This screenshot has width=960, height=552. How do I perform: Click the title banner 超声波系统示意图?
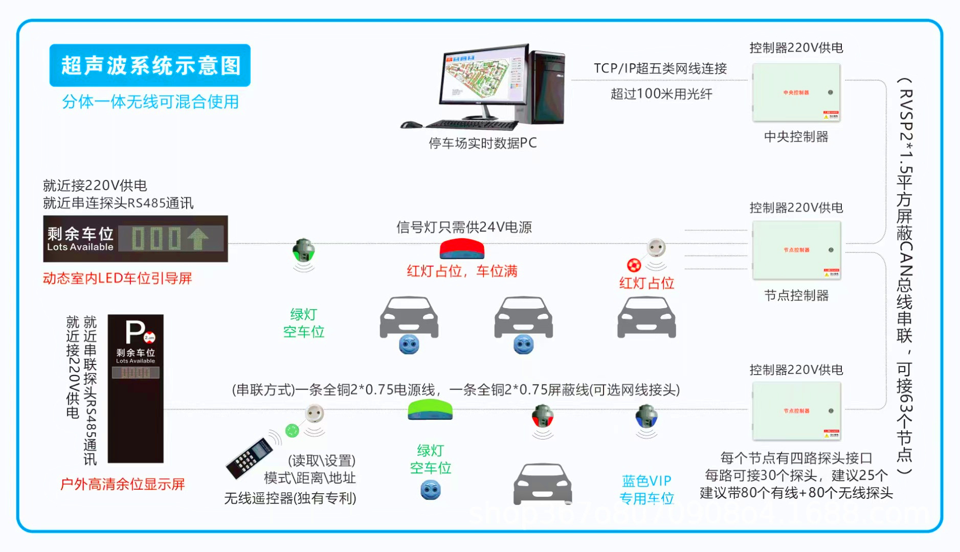[150, 65]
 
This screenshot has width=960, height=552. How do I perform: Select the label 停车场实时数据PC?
[483, 143]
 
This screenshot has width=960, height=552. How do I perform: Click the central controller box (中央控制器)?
[796, 93]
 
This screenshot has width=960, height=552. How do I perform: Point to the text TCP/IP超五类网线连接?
[660, 68]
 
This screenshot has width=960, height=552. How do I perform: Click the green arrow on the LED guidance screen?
[198, 238]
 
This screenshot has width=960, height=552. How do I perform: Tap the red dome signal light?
[462, 248]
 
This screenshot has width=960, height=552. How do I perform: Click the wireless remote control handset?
[250, 457]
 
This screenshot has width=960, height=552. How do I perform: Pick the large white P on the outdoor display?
[135, 332]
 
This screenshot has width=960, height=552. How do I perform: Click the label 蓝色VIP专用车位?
[646, 489]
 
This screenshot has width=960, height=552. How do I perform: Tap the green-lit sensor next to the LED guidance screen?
[303, 250]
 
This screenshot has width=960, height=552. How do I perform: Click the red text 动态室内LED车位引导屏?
[117, 279]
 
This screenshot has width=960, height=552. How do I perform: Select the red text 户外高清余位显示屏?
[122, 484]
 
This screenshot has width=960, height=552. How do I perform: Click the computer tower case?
[547, 87]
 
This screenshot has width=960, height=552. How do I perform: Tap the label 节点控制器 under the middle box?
[796, 295]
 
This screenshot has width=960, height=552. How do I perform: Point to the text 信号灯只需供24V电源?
[464, 227]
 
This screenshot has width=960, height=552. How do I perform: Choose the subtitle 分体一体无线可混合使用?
[150, 102]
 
